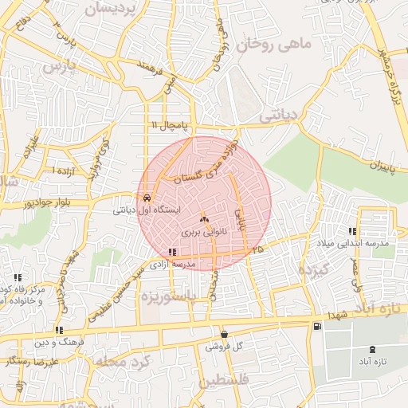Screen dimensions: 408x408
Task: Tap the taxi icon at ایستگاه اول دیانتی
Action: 147,197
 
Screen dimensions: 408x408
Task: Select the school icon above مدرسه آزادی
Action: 173,252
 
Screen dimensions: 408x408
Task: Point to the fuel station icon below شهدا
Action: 318,326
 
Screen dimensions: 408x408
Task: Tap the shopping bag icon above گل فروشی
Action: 223,334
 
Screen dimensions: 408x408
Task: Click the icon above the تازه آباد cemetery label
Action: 371,349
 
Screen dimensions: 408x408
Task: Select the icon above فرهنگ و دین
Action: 58,330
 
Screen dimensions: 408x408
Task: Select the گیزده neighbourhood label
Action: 313,269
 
